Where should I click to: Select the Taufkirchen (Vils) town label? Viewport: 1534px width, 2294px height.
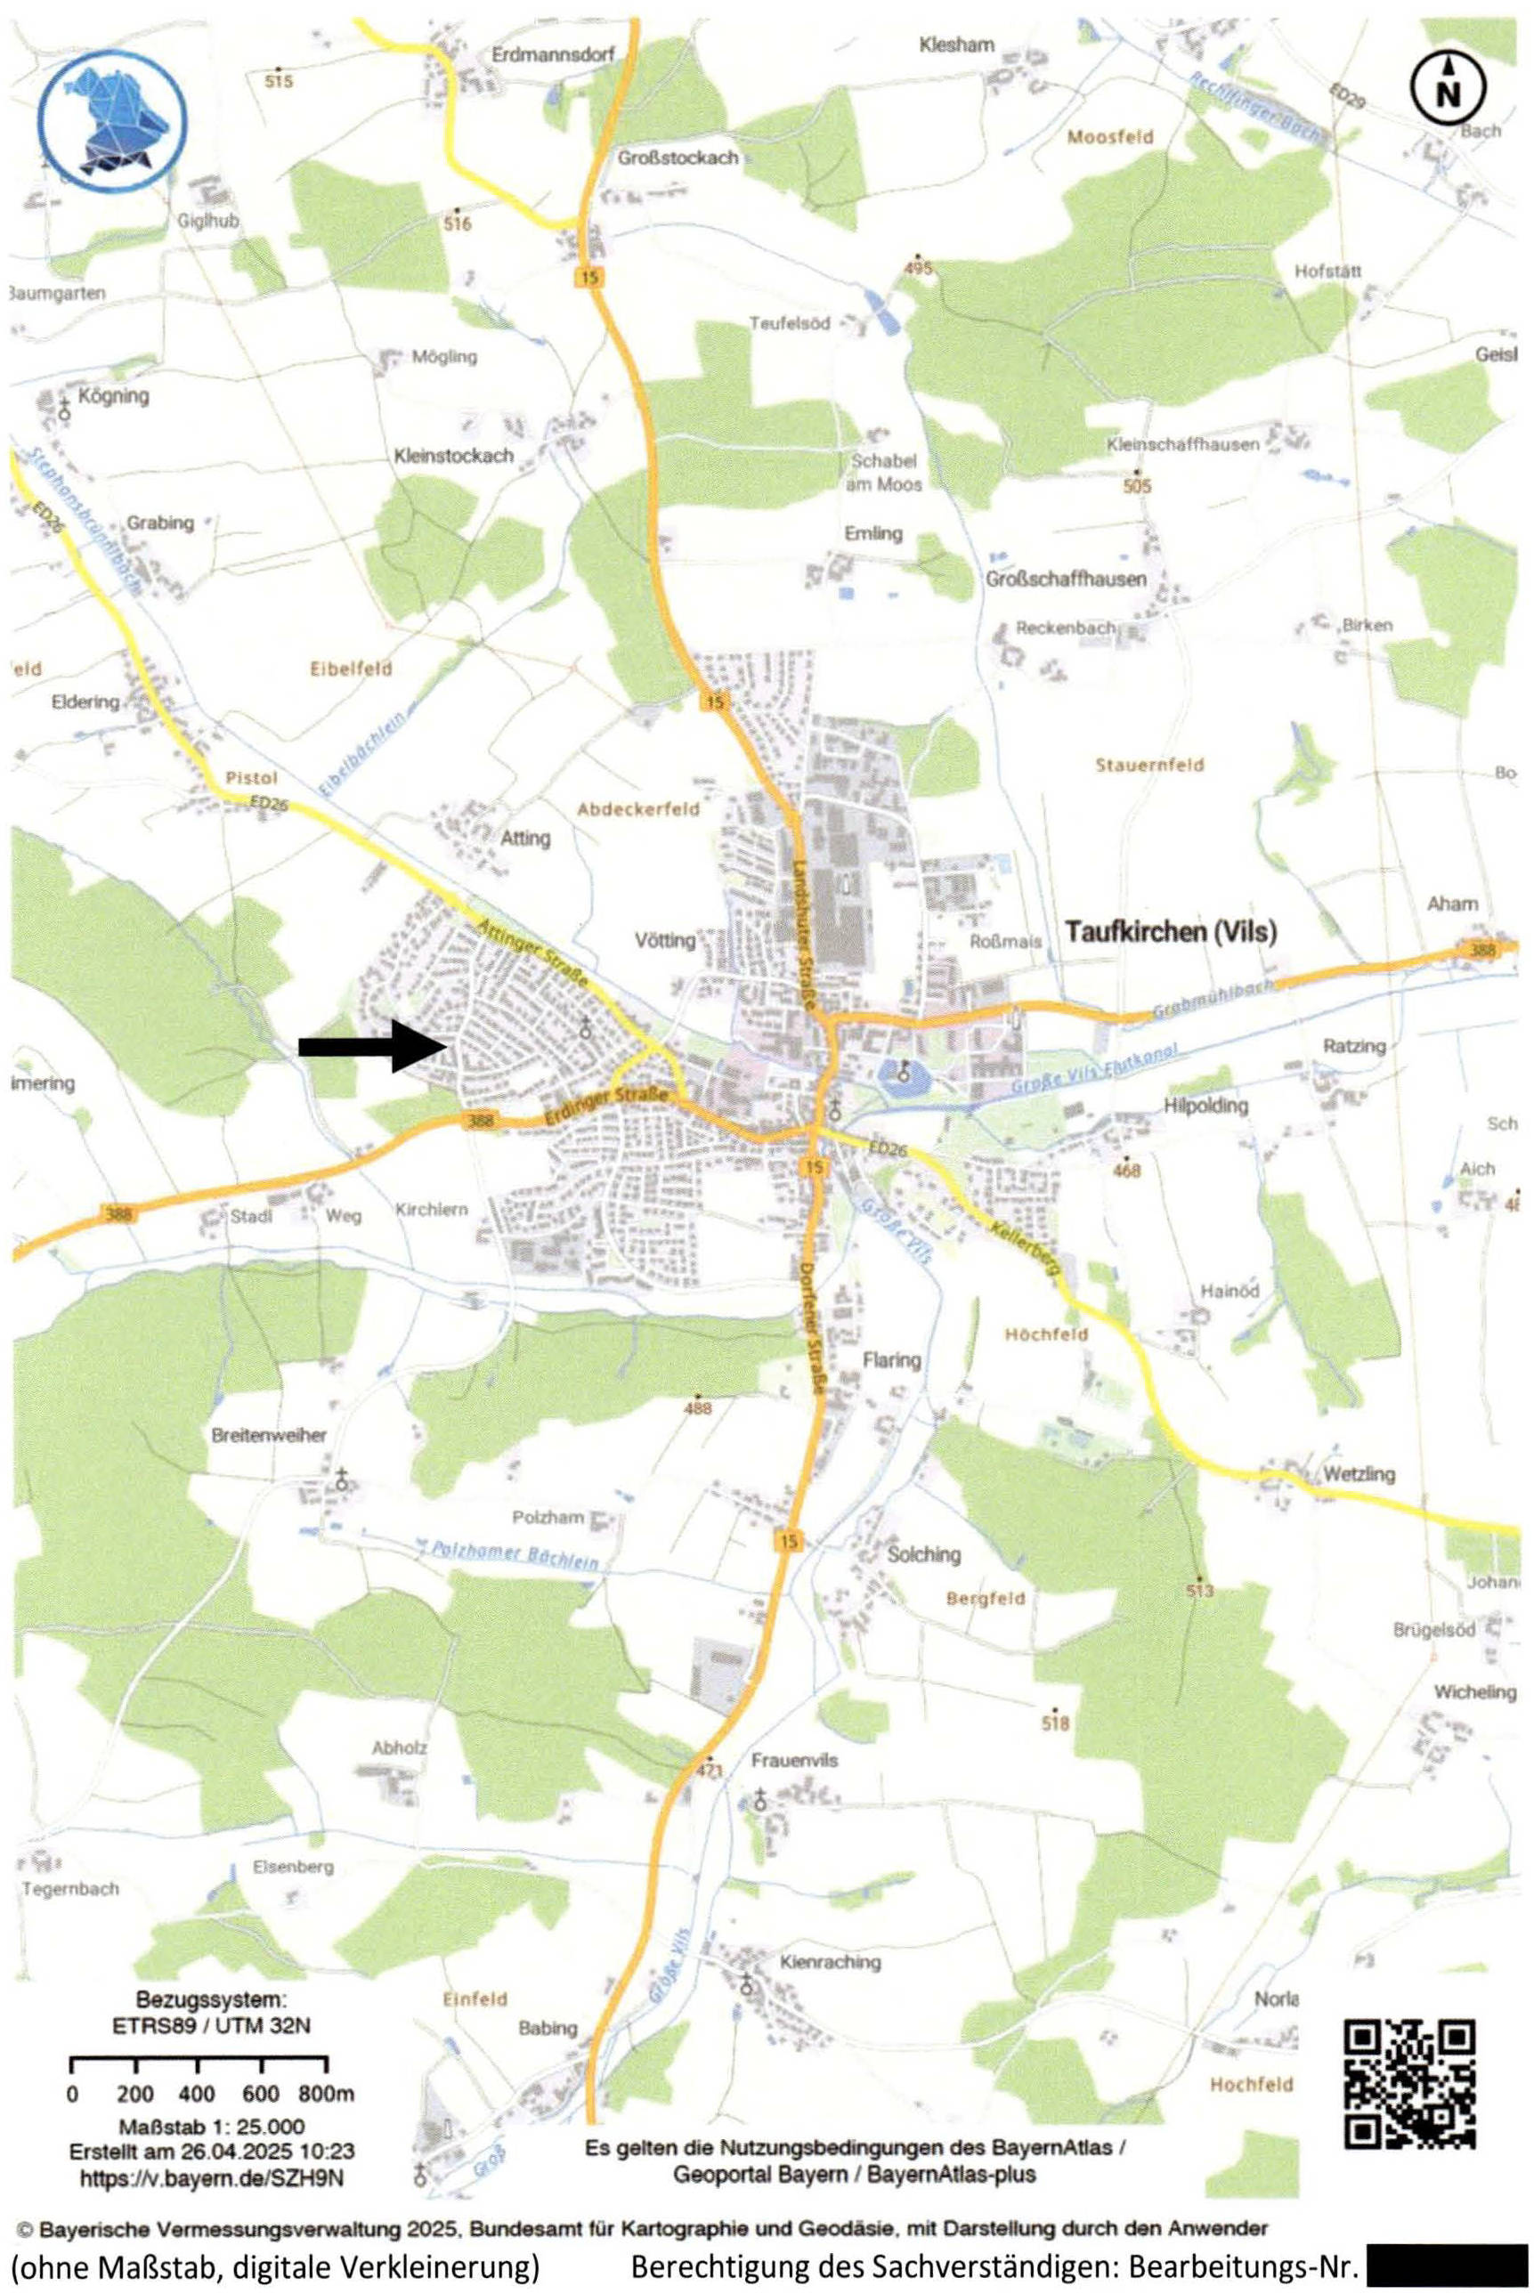(x=1170, y=931)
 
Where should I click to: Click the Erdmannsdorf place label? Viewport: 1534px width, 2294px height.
(x=554, y=55)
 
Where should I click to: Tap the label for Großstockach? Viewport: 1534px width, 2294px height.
(x=678, y=158)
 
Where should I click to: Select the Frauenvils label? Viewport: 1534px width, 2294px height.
(x=794, y=1760)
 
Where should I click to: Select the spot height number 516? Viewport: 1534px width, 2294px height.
(x=457, y=224)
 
